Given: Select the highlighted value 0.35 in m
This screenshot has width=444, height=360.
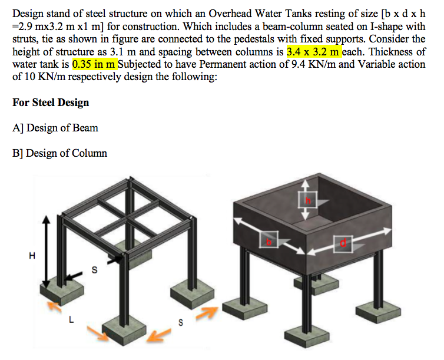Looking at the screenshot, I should [94, 64].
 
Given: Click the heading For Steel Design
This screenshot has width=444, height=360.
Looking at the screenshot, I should [51, 103].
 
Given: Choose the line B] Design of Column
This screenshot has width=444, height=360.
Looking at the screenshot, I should [59, 153].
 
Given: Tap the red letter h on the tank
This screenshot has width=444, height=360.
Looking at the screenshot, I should [306, 202].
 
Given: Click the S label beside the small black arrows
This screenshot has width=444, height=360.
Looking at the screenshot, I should [93, 270].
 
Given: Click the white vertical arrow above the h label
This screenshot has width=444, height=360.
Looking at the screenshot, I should [306, 187].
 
